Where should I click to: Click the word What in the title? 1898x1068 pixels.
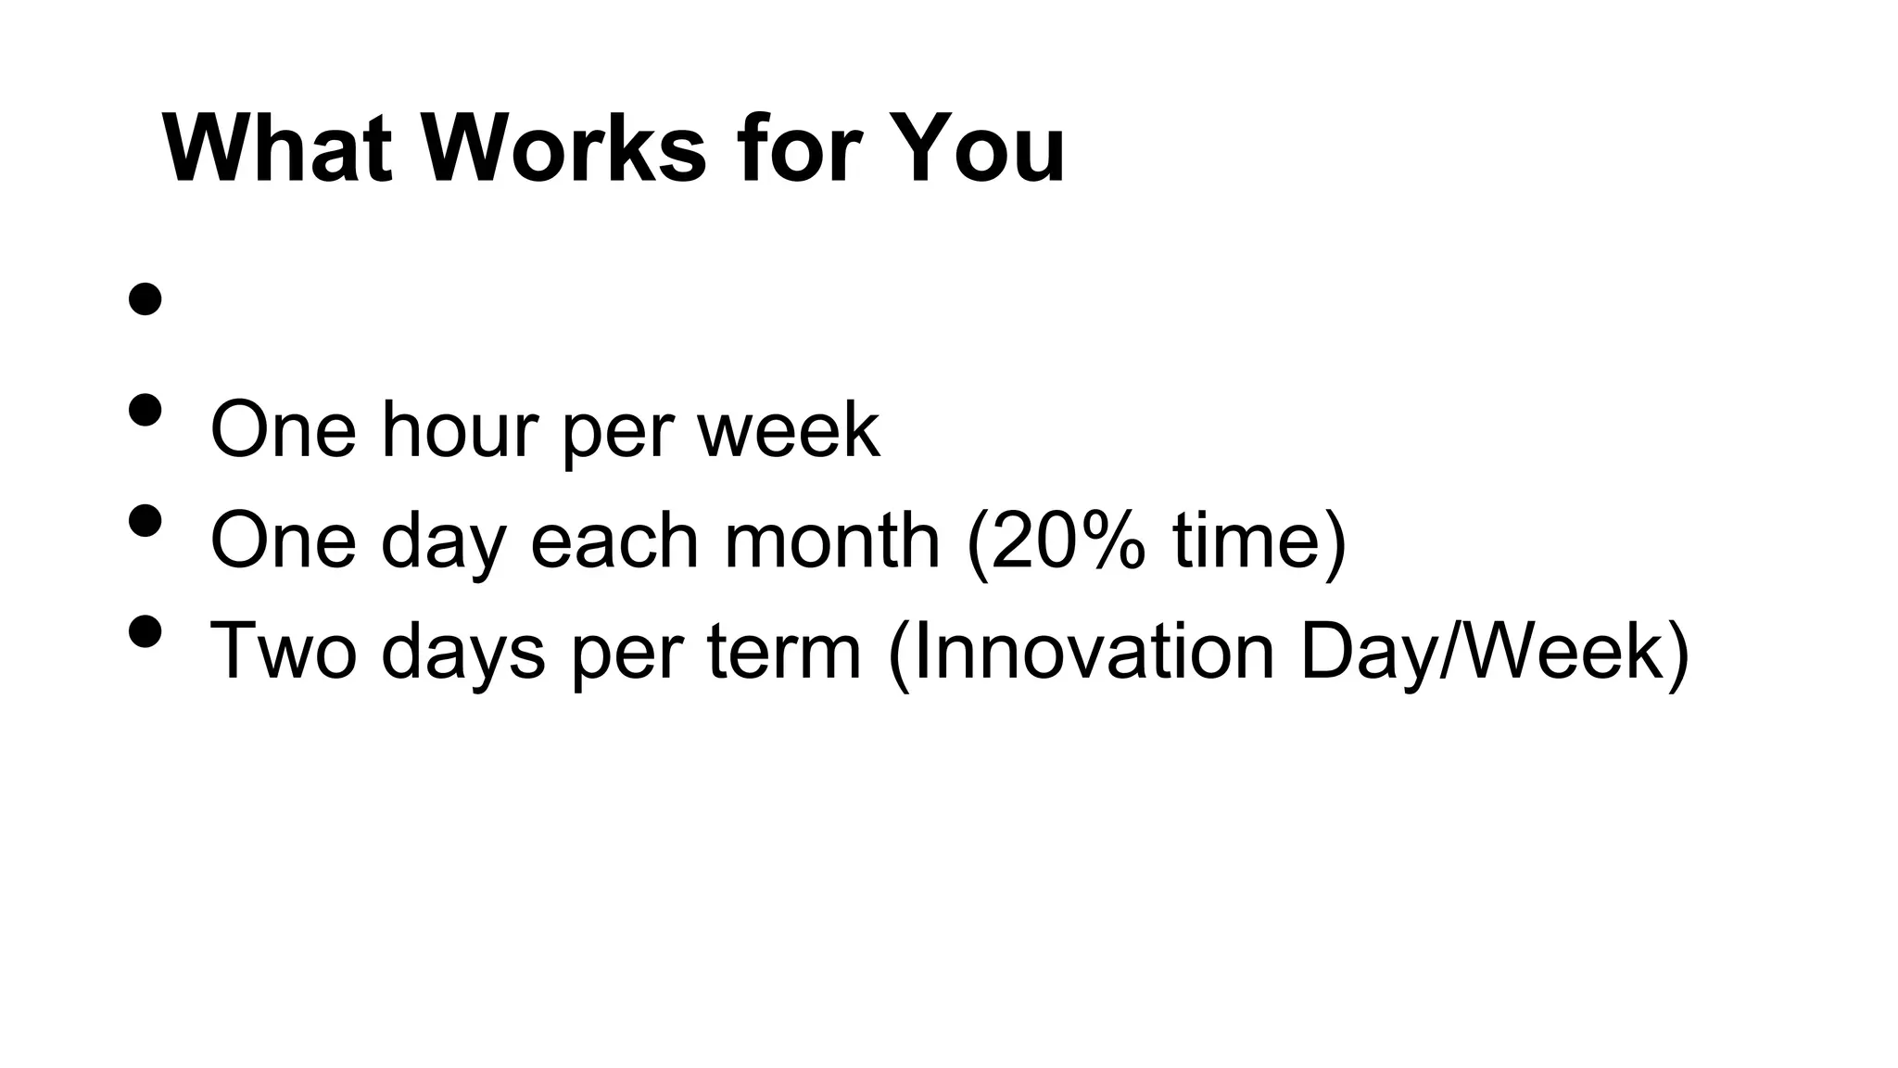click(282, 148)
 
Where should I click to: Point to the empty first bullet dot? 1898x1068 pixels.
click(146, 299)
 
